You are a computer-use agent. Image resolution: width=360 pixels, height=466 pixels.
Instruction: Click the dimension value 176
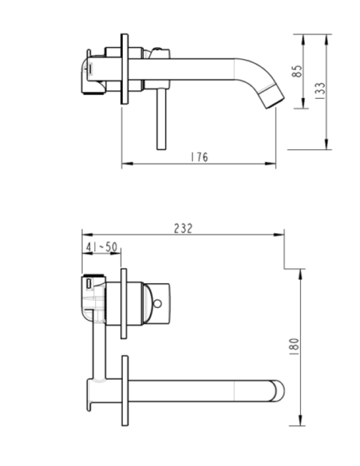tap(199, 157)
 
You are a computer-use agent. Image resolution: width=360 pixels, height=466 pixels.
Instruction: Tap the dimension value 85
tap(297, 71)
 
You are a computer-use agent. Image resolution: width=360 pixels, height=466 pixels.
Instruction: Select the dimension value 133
tap(320, 91)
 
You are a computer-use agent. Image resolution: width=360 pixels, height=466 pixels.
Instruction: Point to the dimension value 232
tap(183, 229)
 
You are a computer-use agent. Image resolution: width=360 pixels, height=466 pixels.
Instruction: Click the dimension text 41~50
tap(102, 246)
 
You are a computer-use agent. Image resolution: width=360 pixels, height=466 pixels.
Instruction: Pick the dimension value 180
tap(294, 347)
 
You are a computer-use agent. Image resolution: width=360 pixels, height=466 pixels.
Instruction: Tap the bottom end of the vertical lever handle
tap(161, 149)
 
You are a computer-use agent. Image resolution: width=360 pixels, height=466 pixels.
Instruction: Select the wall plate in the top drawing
tap(124, 69)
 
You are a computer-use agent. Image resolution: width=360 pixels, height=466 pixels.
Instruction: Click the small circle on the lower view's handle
tap(157, 303)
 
